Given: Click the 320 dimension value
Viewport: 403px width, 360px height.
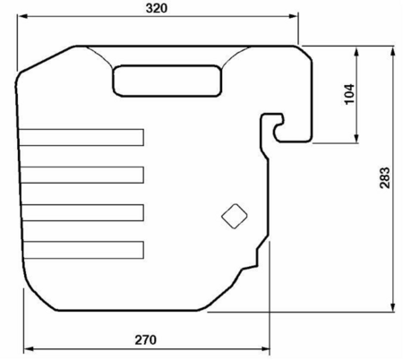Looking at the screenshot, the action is click(157, 8).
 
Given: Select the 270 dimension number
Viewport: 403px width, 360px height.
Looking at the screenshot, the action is click(145, 340).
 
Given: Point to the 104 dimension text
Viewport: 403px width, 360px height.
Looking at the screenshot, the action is click(350, 94).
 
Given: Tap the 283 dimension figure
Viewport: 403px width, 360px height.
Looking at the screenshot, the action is click(385, 177).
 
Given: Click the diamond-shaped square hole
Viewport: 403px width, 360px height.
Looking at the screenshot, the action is click(235, 216).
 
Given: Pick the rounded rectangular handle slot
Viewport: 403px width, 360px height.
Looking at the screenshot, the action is click(167, 81).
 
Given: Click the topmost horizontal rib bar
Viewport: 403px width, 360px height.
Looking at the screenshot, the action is click(81, 138).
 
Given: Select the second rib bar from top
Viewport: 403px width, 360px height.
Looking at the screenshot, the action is click(82, 175).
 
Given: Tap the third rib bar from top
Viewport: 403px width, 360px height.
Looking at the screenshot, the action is click(82, 212).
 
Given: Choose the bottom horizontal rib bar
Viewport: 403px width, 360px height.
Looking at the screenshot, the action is click(83, 250).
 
